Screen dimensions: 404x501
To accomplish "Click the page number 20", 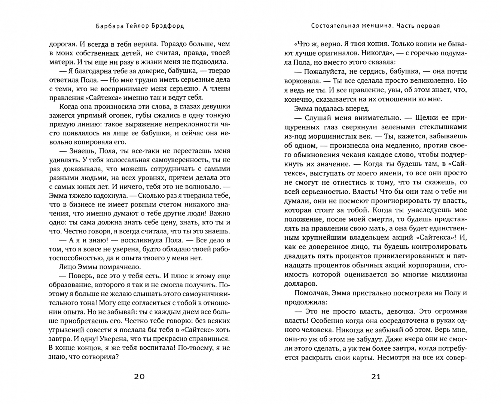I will coord(139,376).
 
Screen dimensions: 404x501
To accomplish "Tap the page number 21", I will coord(376,376).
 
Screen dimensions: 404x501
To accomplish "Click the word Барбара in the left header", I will coord(106,26).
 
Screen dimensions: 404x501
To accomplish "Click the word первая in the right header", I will coord(428,26).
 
